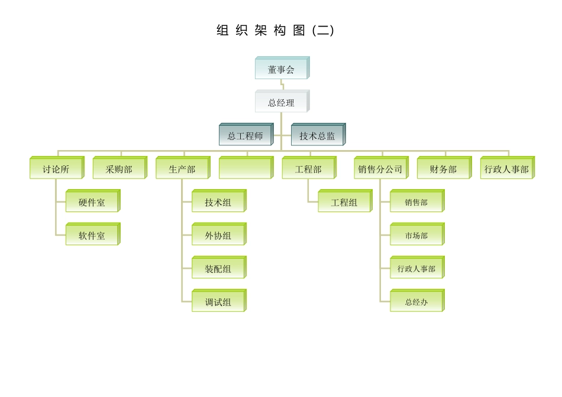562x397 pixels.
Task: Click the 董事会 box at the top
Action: pyautogui.click(x=281, y=69)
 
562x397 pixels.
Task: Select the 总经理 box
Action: pyautogui.click(x=281, y=102)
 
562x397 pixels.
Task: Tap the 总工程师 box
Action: pyautogui.click(x=245, y=136)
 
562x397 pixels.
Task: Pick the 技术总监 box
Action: pyautogui.click(x=317, y=136)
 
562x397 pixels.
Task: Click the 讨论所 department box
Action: pyautogui.click(x=56, y=169)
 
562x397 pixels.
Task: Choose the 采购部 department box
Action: pyautogui.click(x=119, y=169)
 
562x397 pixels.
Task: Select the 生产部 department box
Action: pyautogui.click(x=182, y=169)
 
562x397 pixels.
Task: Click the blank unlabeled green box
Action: pyautogui.click(x=245, y=169)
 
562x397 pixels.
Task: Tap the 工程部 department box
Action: pyautogui.click(x=308, y=169)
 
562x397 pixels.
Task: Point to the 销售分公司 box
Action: pyautogui.click(x=380, y=169)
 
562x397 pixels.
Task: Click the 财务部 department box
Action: pyautogui.click(x=443, y=169)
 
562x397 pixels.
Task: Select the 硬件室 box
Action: pyautogui.click(x=92, y=202)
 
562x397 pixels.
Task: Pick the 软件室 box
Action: pyautogui.click(x=92, y=235)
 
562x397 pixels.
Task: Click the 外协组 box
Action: pyautogui.click(x=218, y=235)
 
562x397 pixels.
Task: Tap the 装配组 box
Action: pyautogui.click(x=218, y=269)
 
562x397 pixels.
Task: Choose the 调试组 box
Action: pyautogui.click(x=218, y=302)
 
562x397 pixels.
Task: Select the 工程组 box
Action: pyautogui.click(x=344, y=202)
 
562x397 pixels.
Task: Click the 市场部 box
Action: pyautogui.click(x=416, y=235)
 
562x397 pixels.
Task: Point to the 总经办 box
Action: pyautogui.click(x=416, y=302)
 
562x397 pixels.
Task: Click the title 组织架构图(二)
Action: pyautogui.click(x=276, y=31)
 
